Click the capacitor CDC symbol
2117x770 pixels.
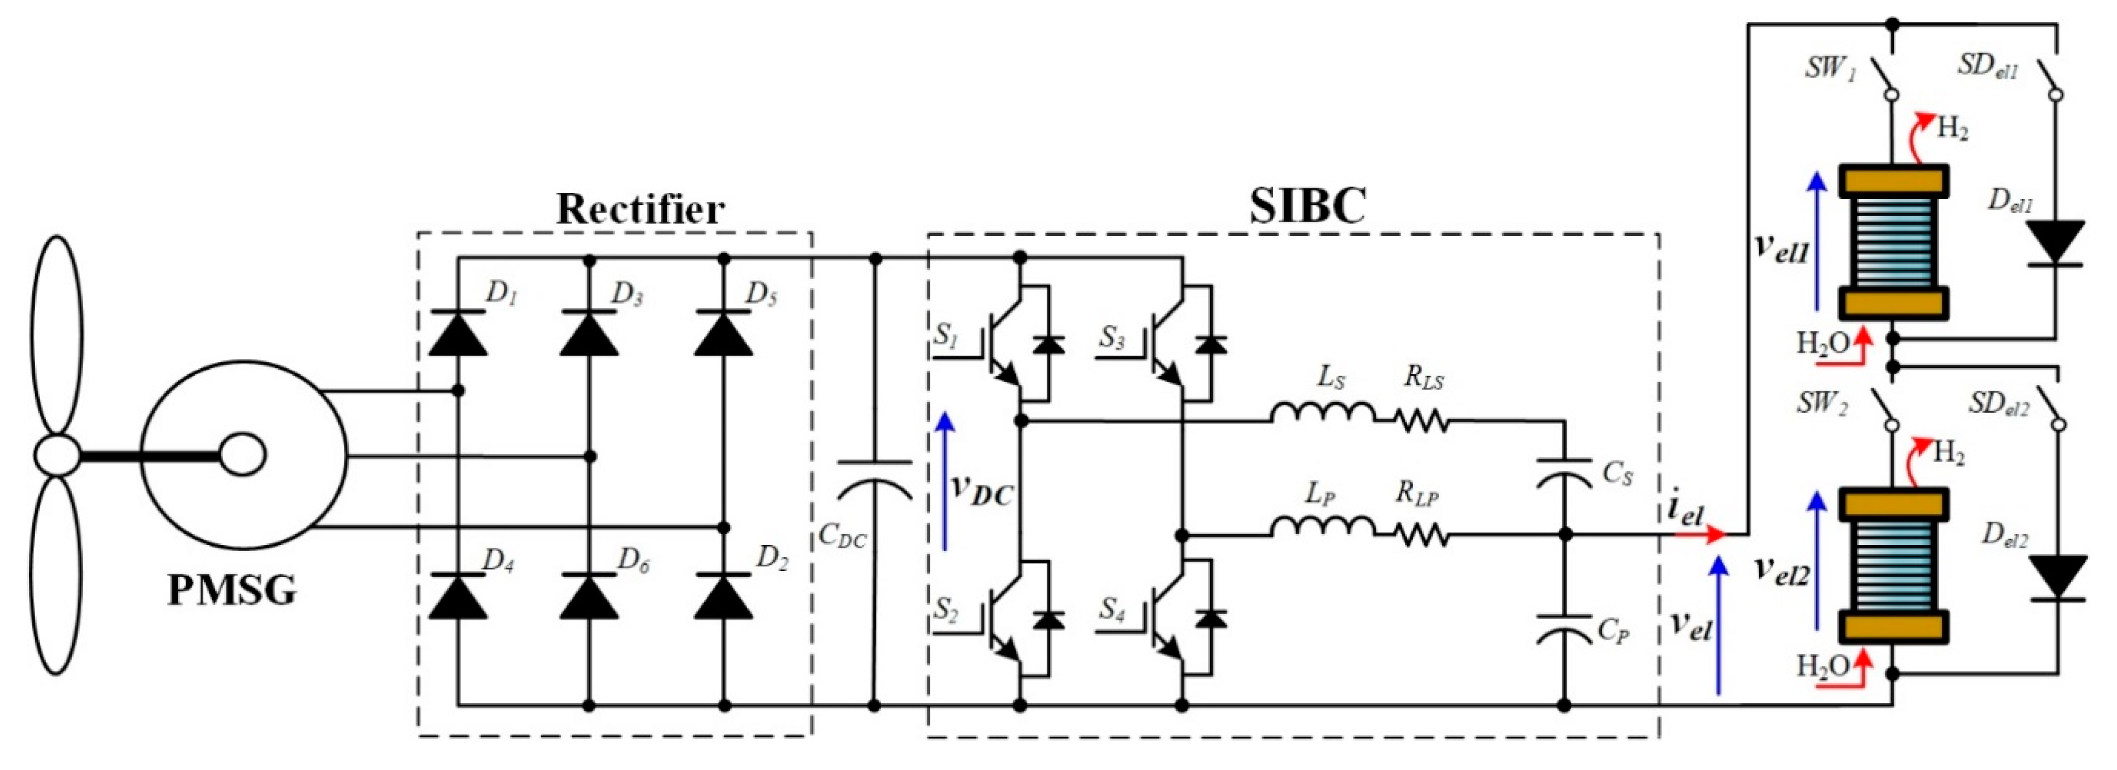pyautogui.click(x=874, y=481)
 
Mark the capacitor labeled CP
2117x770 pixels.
pyautogui.click(x=1564, y=631)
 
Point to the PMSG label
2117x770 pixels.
pyautogui.click(x=232, y=590)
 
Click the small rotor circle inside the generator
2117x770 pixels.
pyautogui.click(x=244, y=454)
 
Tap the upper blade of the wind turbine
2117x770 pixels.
pyautogui.click(x=57, y=337)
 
